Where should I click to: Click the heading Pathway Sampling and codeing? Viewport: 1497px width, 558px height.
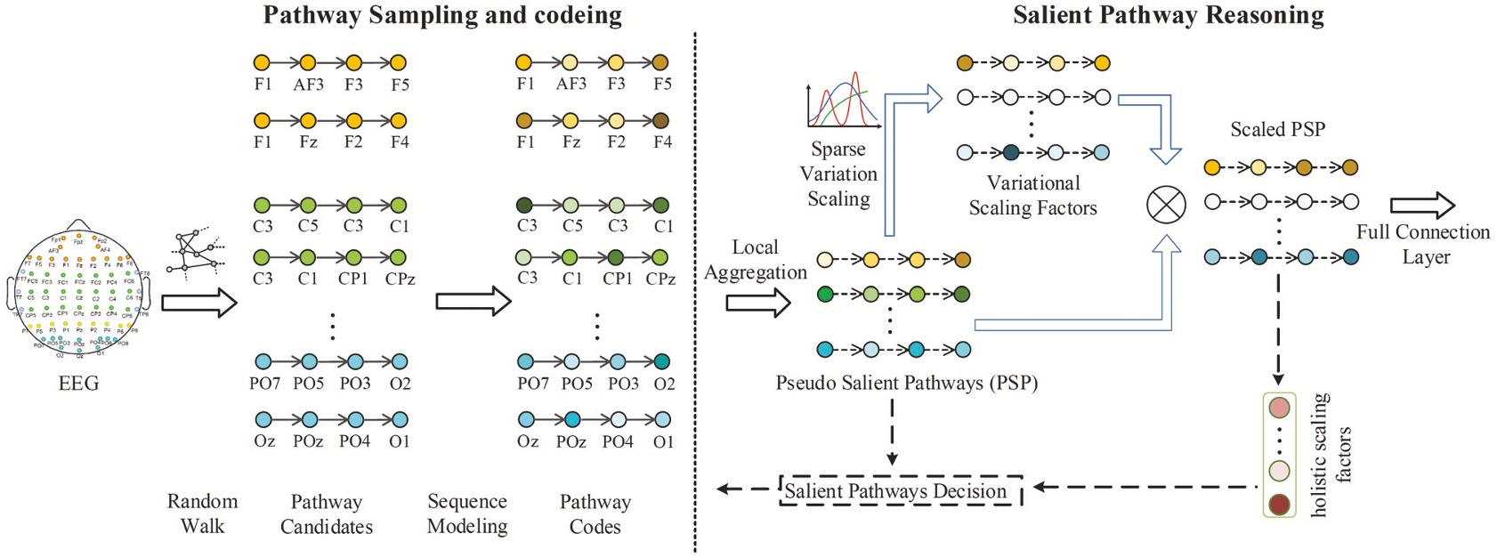pyautogui.click(x=442, y=15)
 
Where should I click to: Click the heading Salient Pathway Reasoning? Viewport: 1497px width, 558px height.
pyautogui.click(x=1168, y=15)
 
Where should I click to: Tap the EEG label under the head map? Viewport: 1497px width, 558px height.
pyautogui.click(x=78, y=384)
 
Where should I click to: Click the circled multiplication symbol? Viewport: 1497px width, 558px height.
pyautogui.click(x=1166, y=205)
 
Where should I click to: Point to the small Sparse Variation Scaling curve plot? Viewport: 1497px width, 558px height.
pyautogui.click(x=841, y=101)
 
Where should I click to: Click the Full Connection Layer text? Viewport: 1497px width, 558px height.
pyautogui.click(x=1423, y=245)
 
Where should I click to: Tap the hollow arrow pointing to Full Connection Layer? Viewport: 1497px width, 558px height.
pyautogui.click(x=1421, y=206)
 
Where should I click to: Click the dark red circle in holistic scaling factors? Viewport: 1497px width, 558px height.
pyautogui.click(x=1279, y=505)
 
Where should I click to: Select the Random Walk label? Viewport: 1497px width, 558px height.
pyautogui.click(x=202, y=514)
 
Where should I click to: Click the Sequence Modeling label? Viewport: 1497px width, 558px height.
pyautogui.click(x=467, y=514)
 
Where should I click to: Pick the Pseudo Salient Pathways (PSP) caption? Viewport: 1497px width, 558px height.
pyautogui.click(x=906, y=384)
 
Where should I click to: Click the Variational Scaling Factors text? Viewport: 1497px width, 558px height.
pyautogui.click(x=1032, y=196)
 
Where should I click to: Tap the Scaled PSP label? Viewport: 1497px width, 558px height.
pyautogui.click(x=1277, y=130)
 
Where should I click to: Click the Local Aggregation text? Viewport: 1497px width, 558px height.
pyautogui.click(x=755, y=260)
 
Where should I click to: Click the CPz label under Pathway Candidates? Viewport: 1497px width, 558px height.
pyautogui.click(x=400, y=279)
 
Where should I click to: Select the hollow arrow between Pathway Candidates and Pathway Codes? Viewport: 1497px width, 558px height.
pyautogui.click(x=473, y=302)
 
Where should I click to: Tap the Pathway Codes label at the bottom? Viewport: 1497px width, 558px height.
pyautogui.click(x=595, y=514)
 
